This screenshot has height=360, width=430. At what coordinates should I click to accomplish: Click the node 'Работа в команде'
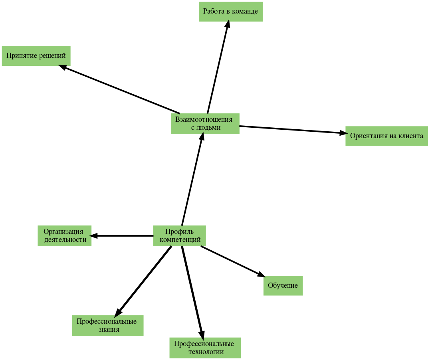pyautogui.click(x=230, y=12)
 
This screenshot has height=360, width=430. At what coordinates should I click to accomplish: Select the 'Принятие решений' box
pyautogui.click(x=36, y=56)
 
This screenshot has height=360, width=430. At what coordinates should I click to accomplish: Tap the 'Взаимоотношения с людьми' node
pyautogui.click(x=205, y=124)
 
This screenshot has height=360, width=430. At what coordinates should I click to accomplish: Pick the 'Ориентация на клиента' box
pyautogui.click(x=386, y=136)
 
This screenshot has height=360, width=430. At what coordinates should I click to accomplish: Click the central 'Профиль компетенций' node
pyautogui.click(x=180, y=236)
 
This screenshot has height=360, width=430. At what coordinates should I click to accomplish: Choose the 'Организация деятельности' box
pyautogui.click(x=65, y=236)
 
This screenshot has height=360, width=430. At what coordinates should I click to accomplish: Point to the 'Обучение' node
pyautogui.click(x=283, y=285)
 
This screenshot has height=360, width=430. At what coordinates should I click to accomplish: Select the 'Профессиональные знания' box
pyautogui.click(x=107, y=326)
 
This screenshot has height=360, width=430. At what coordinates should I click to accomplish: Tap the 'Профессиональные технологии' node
pyautogui.click(x=205, y=348)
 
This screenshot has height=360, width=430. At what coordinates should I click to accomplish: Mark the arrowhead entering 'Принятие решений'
pyautogui.click(x=63, y=68)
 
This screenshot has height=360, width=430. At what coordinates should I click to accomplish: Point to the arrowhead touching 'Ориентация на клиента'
pyautogui.click(x=341, y=133)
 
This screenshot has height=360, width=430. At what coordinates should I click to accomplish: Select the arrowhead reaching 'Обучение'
pyautogui.click(x=261, y=274)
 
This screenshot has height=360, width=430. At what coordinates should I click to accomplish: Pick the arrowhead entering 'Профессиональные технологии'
pyautogui.click(x=202, y=334)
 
